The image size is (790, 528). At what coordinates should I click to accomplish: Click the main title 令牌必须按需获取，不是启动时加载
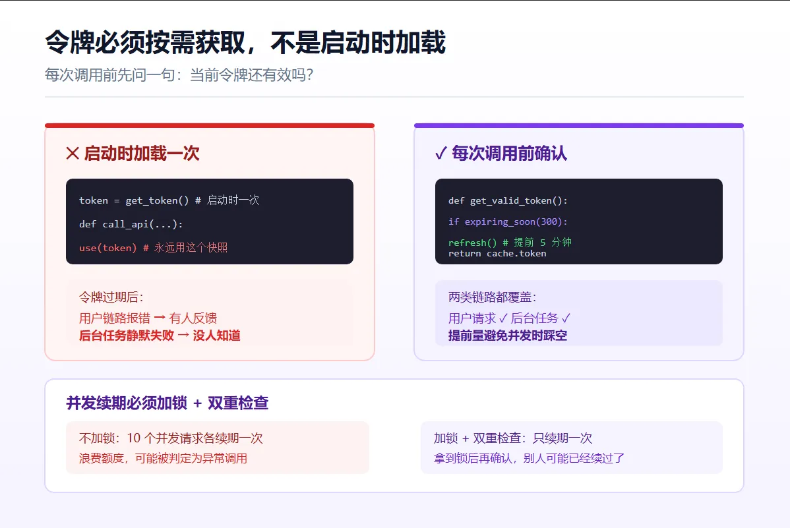pyautogui.click(x=245, y=42)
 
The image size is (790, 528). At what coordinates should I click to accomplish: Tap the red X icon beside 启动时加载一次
pyautogui.click(x=73, y=153)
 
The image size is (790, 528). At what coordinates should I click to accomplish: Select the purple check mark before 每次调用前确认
pyautogui.click(x=441, y=153)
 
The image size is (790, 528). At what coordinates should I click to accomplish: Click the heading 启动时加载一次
pyautogui.click(x=142, y=153)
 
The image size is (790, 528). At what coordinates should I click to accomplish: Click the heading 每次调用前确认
pyautogui.click(x=509, y=153)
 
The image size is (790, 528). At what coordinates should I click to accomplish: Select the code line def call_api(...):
pyautogui.click(x=131, y=224)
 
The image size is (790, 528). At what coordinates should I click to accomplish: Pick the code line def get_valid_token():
pyautogui.click(x=508, y=200)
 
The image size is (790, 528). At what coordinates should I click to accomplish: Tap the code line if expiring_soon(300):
pyautogui.click(x=508, y=221)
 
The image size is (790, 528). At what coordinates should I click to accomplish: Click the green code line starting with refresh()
pyautogui.click(x=510, y=243)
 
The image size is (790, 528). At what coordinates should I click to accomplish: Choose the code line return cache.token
pyautogui.click(x=497, y=253)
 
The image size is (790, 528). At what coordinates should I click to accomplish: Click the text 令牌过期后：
pyautogui.click(x=111, y=297)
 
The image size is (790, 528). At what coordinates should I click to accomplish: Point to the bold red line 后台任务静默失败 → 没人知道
pyautogui.click(x=160, y=336)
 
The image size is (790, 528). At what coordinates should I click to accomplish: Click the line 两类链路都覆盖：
pyautogui.click(x=493, y=297)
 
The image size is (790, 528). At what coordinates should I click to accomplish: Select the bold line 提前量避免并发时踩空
pyautogui.click(x=508, y=336)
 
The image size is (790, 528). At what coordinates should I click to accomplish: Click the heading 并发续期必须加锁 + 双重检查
pyautogui.click(x=167, y=403)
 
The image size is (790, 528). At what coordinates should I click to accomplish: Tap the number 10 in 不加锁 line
pyautogui.click(x=133, y=438)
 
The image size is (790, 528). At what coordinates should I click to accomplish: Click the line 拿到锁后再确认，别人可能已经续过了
pyautogui.click(x=529, y=459)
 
